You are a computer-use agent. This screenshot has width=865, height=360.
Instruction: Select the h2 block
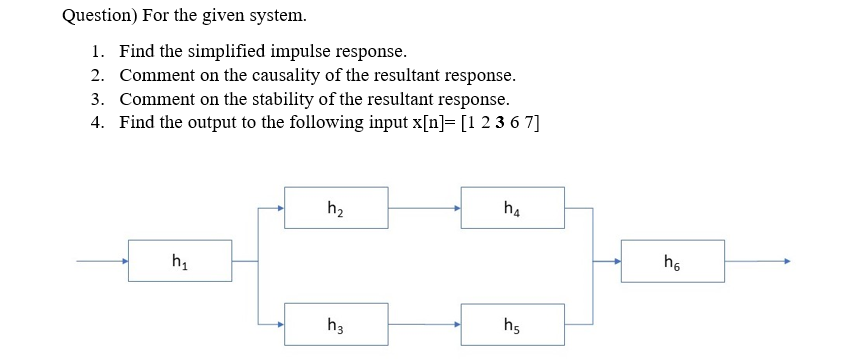click(336, 208)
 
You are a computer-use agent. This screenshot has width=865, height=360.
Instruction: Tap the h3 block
click(336, 324)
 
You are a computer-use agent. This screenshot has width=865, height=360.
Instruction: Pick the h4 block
click(512, 208)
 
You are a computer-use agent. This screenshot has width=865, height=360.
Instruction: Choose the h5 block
click(512, 324)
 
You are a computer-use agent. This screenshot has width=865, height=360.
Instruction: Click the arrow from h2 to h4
click(424, 209)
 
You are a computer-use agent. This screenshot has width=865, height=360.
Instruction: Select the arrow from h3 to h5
click(424, 324)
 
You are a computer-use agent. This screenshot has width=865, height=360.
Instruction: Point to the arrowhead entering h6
click(616, 261)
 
